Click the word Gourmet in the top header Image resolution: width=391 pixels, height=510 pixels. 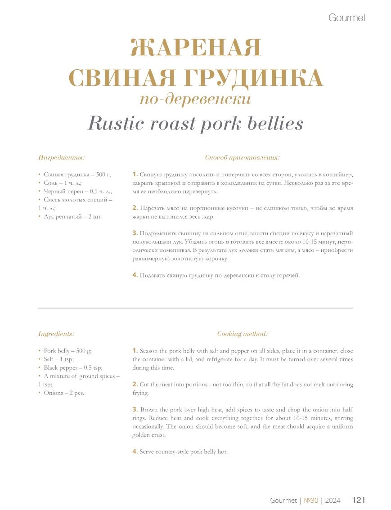(347, 18)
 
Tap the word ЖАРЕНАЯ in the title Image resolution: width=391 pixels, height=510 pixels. (196, 48)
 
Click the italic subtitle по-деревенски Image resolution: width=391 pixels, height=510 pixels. (195, 99)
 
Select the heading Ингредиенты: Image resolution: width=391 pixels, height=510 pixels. (62, 158)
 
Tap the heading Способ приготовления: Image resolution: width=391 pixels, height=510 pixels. (243, 158)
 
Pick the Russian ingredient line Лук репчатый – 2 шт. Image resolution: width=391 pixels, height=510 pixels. (73, 217)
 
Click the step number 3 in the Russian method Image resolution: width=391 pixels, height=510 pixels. (135, 233)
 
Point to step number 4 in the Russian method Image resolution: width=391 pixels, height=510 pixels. (135, 275)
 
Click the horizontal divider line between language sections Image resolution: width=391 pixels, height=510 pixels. (196, 308)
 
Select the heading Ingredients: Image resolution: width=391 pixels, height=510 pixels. (56, 334)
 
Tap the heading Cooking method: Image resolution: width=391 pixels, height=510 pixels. (243, 334)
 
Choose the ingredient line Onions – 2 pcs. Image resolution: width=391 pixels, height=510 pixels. (64, 393)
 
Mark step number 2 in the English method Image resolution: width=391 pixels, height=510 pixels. (135, 385)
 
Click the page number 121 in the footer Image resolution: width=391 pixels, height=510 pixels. (359, 500)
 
